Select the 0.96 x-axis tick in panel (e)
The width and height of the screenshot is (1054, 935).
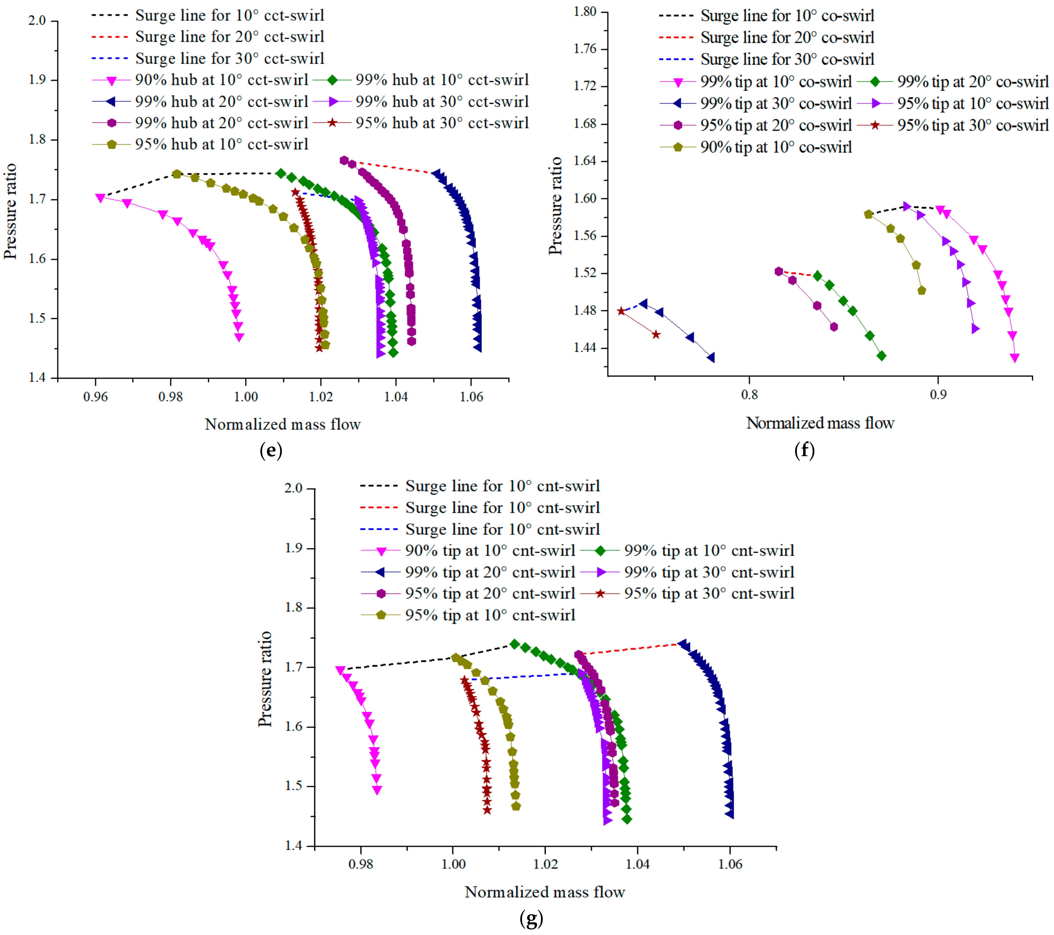point(95,396)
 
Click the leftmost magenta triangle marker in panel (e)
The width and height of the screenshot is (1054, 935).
point(101,197)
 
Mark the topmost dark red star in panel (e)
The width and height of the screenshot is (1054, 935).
point(295,192)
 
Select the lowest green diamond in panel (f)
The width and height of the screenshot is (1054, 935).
point(882,356)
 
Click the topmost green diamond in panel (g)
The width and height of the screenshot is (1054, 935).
point(515,644)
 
